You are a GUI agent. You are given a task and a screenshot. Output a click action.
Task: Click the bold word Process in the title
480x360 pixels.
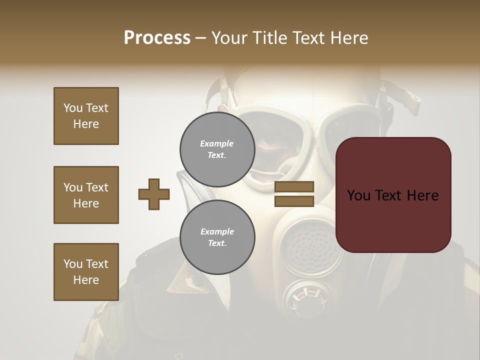(x=157, y=38)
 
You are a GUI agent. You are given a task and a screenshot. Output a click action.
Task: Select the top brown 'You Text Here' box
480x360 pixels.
(x=86, y=116)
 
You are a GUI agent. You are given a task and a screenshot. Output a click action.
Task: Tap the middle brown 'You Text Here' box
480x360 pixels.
(x=86, y=195)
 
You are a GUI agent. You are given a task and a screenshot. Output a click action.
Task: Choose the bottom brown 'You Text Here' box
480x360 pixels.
(x=86, y=272)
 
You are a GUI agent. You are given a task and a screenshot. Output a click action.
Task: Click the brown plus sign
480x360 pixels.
(x=154, y=194)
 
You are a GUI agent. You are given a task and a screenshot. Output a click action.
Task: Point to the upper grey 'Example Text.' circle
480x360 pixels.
(x=217, y=149)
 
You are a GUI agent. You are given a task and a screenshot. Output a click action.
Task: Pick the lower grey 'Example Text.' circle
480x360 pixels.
(x=217, y=237)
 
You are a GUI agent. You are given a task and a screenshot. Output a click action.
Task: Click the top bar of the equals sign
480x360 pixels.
(x=294, y=186)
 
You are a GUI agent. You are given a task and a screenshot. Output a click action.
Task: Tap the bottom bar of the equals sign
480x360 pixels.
(x=294, y=201)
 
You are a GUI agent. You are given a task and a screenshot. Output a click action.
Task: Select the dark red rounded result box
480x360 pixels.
(x=393, y=195)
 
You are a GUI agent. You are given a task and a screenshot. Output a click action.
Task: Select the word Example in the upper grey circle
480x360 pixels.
(x=217, y=143)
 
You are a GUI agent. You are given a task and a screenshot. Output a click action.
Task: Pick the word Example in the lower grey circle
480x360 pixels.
(x=217, y=231)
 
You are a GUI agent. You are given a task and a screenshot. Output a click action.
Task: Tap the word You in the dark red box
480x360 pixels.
(x=359, y=195)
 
